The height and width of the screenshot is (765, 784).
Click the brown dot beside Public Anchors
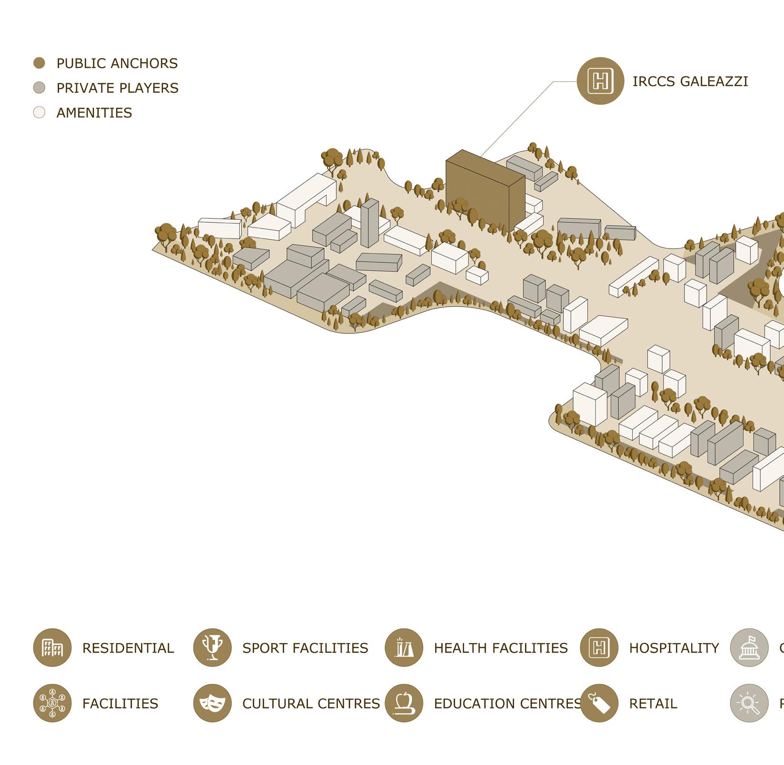click(39, 63)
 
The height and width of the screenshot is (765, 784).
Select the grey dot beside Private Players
click(39, 88)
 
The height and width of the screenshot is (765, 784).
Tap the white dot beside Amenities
click(39, 112)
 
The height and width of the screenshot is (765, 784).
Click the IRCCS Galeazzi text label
click(690, 81)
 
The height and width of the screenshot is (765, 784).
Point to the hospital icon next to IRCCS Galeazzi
click(600, 80)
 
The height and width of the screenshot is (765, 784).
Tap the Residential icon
click(52, 647)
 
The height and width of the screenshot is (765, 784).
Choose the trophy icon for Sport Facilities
click(212, 647)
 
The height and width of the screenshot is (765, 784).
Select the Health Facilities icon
click(404, 647)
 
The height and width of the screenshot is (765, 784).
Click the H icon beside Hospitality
click(599, 647)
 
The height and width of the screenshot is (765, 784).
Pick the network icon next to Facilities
click(52, 703)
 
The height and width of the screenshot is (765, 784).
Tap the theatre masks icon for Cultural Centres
click(212, 703)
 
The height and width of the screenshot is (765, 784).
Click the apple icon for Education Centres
click(404, 703)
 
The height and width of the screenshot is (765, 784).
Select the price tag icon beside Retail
click(599, 703)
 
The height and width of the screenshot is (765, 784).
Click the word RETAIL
click(653, 704)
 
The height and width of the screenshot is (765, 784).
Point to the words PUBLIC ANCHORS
click(117, 63)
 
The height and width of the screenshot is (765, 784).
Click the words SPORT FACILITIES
click(305, 648)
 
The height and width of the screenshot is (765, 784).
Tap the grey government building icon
click(749, 647)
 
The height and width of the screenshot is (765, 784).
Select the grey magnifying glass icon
click(749, 703)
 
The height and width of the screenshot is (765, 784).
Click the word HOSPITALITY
click(674, 648)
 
